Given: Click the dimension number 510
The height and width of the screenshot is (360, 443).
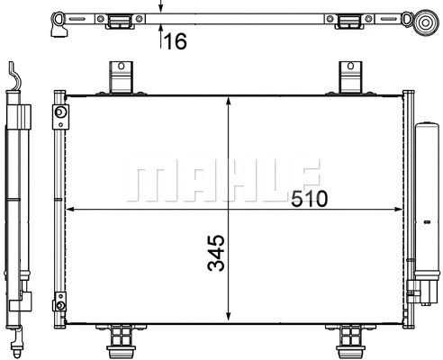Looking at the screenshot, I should point(309,197).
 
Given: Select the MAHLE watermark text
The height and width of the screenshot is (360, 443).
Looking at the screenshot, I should point(221,180).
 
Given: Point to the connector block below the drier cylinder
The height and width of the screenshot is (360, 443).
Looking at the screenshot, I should point(422,291).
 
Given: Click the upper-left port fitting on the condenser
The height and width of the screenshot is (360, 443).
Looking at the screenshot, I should point(59,114).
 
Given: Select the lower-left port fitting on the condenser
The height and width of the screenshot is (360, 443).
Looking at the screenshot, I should point(59,302).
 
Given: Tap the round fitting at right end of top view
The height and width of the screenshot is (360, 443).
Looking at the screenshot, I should point(426,21).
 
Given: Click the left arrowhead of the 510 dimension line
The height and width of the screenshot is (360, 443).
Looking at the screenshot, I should point(73,210).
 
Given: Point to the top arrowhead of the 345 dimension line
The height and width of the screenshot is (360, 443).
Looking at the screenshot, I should point(232,100).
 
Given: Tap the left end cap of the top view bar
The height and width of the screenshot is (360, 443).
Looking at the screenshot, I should point(59,20).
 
